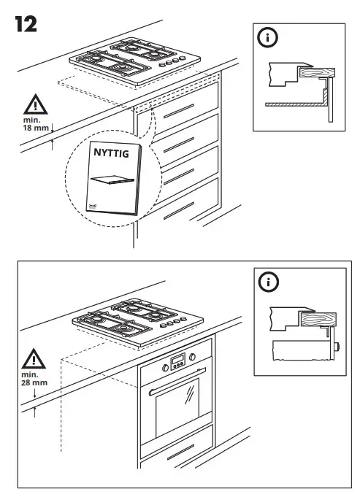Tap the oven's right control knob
tap(193, 357)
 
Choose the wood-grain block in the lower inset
tap(315, 320)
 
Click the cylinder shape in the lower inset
tap(302, 352)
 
